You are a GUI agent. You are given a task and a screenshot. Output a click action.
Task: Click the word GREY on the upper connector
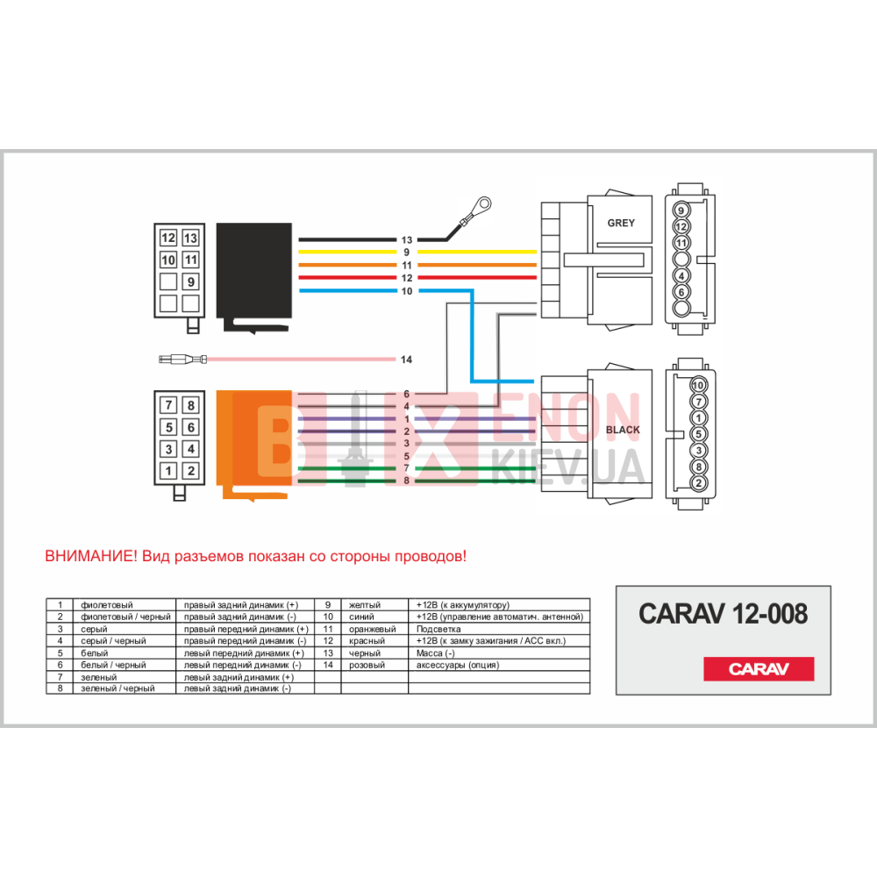click(x=620, y=223)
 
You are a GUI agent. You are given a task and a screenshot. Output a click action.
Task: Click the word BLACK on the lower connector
click(x=623, y=430)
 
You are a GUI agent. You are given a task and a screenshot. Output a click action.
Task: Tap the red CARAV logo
click(x=759, y=669)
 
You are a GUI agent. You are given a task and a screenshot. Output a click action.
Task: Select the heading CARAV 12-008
click(x=723, y=613)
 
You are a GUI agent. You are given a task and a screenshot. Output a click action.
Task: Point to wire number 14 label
click(x=406, y=360)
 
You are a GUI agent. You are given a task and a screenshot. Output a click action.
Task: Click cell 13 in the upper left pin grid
click(x=190, y=238)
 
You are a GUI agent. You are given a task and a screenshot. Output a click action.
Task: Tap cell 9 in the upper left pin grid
click(x=190, y=282)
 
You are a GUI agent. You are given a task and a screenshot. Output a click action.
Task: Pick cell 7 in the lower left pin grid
click(x=168, y=405)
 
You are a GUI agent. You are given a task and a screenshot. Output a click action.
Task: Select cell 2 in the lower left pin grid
click(x=190, y=471)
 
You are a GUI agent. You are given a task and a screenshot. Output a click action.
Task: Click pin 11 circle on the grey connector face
click(x=682, y=242)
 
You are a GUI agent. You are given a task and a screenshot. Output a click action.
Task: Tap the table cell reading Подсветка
click(x=438, y=629)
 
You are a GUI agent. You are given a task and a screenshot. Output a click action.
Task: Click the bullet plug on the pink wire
click(x=184, y=359)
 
